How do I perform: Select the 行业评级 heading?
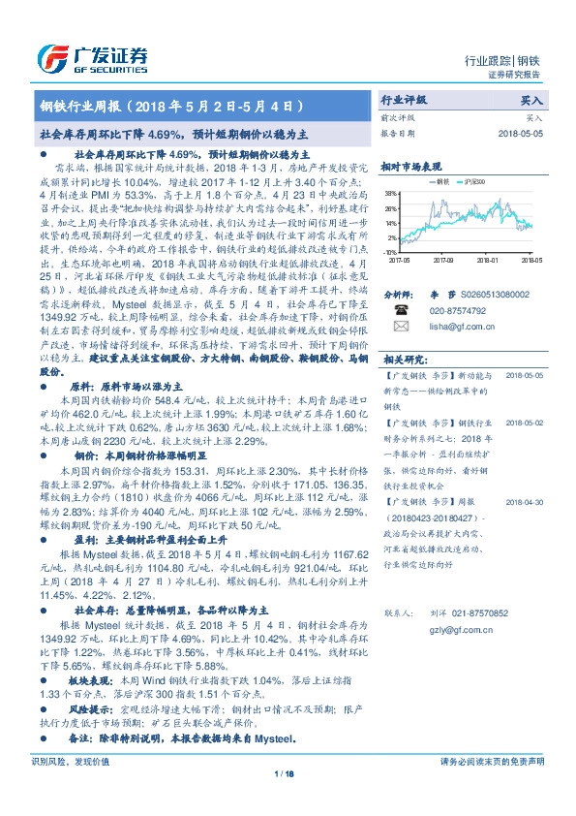405,100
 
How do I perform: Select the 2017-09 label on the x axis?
443,260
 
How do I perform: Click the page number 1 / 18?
285,772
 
